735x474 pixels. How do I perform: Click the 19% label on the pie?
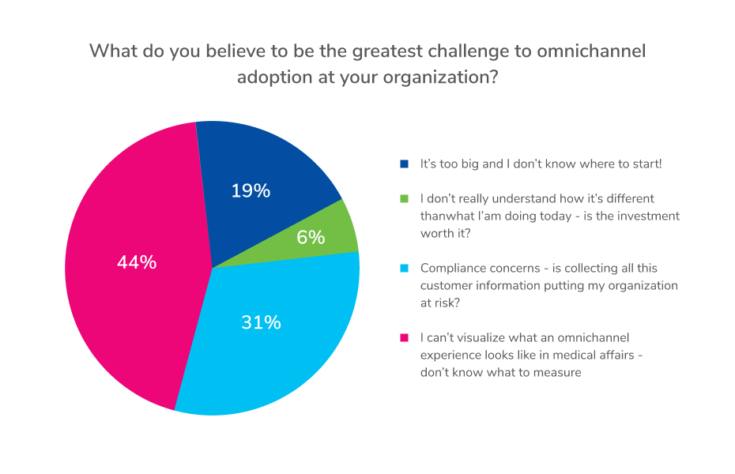tap(251, 190)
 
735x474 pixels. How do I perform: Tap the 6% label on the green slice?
tap(311, 237)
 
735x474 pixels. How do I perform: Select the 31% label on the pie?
tap(261, 322)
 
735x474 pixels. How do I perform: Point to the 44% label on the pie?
tap(137, 262)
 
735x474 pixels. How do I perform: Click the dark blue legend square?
tap(405, 164)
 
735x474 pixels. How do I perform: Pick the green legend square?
tap(405, 199)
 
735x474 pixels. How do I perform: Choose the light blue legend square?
tap(405, 269)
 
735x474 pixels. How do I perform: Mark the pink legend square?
tap(405, 338)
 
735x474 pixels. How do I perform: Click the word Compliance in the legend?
tap(452, 269)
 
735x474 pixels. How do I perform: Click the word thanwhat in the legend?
tap(447, 216)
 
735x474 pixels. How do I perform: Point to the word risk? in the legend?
tap(450, 303)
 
